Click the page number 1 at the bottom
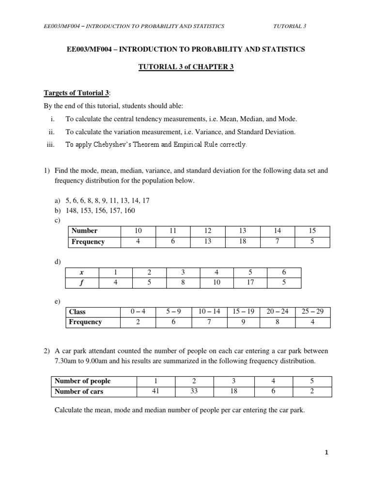[x=327, y=452]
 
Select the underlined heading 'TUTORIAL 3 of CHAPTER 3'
[x=186, y=67]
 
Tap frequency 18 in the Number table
[x=243, y=241]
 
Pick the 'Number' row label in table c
[x=84, y=231]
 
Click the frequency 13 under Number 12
[x=208, y=241]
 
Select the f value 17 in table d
[x=250, y=282]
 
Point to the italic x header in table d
[x=82, y=273]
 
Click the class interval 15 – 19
[x=243, y=311]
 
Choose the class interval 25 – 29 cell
[x=312, y=311]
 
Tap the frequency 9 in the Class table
[x=243, y=322]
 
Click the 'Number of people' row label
[x=82, y=381]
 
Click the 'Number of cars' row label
[x=78, y=391]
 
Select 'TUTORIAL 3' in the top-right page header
[x=290, y=26]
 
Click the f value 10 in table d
[x=217, y=282]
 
